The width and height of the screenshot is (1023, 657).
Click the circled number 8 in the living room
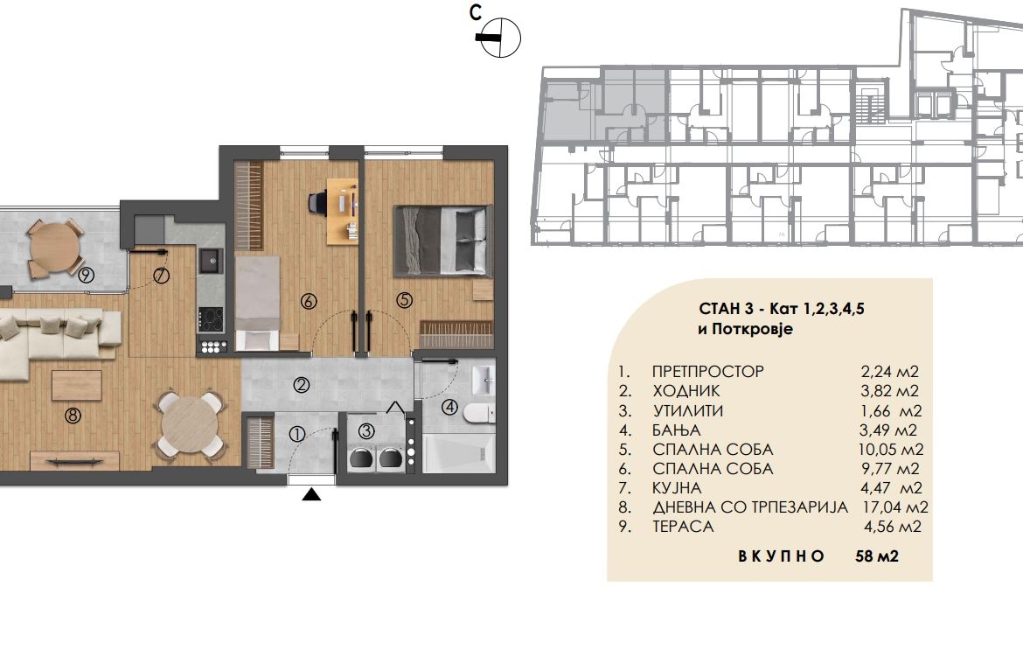[x=73, y=415]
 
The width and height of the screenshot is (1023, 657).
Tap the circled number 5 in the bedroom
[x=405, y=300]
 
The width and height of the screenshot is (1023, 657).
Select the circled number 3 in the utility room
[x=366, y=431]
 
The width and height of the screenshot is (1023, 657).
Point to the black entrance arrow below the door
[x=312, y=494]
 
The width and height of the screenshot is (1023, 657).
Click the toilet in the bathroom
[x=479, y=414]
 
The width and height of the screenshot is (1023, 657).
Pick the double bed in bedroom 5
[x=443, y=241]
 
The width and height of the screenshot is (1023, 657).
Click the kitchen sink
[x=210, y=261]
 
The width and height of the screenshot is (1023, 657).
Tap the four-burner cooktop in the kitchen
[x=211, y=320]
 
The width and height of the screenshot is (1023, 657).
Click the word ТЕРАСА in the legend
[x=683, y=527]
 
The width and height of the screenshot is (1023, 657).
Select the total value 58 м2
[x=877, y=556]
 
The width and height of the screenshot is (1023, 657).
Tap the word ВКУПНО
[x=781, y=556]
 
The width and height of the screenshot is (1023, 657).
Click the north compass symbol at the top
[x=498, y=38]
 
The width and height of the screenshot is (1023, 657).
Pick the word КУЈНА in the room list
[x=677, y=488]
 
